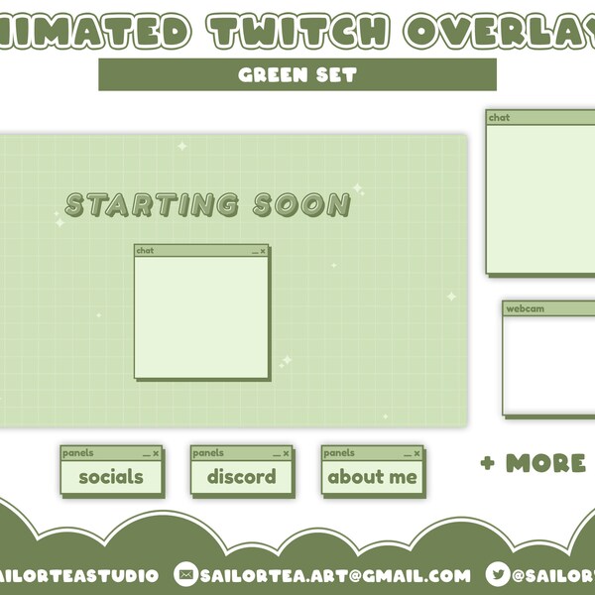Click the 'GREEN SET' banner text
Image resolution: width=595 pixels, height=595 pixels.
(297, 74)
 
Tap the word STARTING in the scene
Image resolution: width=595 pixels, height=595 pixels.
(151, 205)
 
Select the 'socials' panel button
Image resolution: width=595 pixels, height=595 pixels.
(111, 477)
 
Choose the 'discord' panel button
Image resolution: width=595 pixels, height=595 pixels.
(241, 477)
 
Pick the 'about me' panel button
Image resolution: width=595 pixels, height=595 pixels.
(372, 477)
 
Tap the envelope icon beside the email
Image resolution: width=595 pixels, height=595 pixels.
(185, 574)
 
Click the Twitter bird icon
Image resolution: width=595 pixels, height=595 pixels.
(499, 574)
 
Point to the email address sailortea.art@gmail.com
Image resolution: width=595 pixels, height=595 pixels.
(335, 575)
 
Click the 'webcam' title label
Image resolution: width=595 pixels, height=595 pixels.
(526, 309)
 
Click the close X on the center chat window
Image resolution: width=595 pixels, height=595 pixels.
(263, 252)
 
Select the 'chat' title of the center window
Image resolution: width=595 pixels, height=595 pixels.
(146, 251)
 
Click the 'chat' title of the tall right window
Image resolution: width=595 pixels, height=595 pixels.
(499, 118)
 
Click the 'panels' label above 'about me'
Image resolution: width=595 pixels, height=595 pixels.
(339, 453)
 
